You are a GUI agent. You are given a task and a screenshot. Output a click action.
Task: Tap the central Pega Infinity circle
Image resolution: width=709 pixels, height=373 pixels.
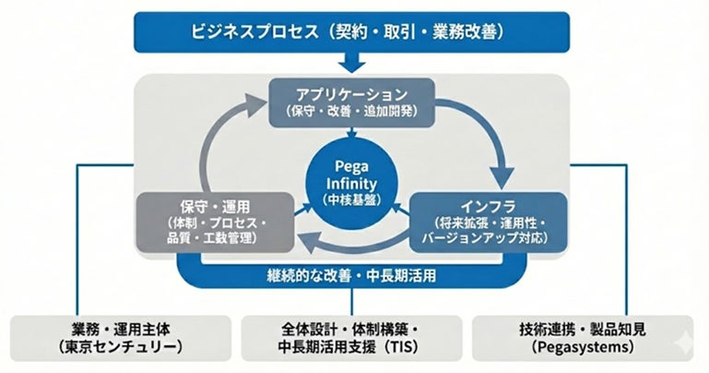coord(353,181)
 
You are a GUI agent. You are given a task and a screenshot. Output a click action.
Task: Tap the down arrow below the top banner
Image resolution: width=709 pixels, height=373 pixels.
coord(353,64)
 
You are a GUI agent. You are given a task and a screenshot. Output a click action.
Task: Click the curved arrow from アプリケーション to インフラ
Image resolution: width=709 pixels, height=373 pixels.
coord(487,138)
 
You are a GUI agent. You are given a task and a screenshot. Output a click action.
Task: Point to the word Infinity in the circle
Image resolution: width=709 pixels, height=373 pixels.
coord(353,181)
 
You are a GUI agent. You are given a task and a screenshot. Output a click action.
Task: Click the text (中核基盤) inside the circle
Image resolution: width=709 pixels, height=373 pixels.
coord(353,198)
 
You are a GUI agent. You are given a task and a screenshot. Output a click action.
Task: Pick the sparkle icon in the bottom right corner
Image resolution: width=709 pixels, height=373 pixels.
coord(690,358)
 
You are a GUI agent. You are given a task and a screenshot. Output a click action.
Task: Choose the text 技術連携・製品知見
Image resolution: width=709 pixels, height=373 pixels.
coord(586,329)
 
